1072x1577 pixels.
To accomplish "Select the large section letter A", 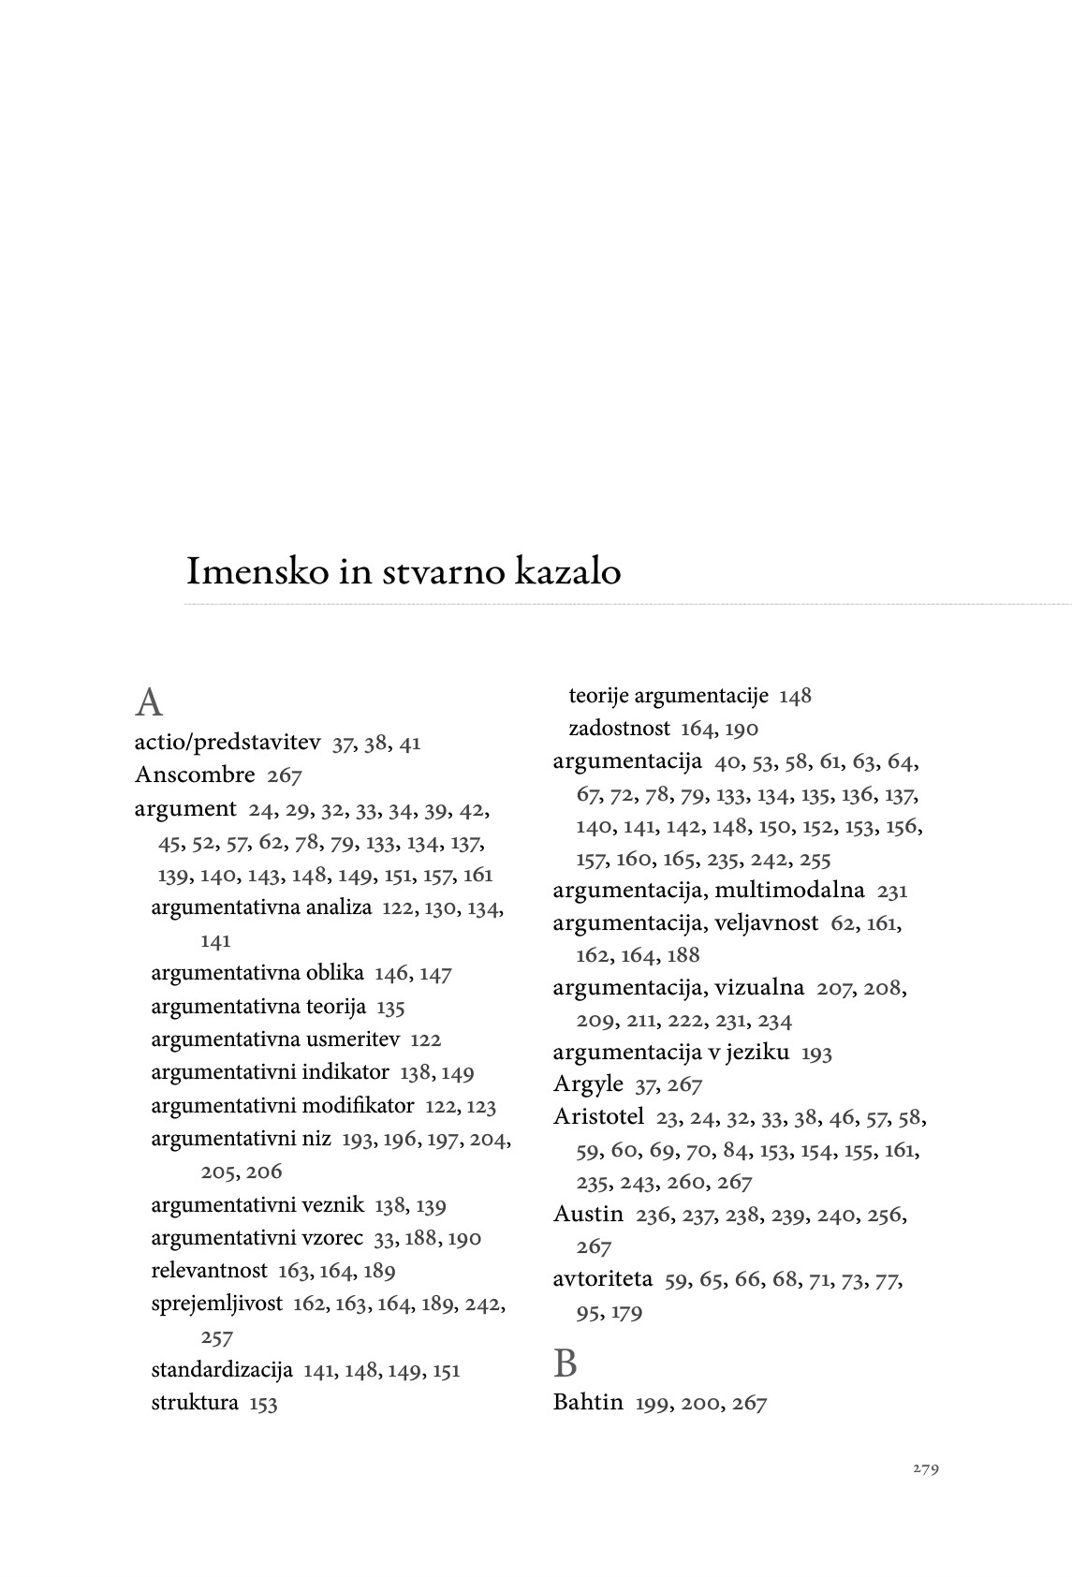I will click(148, 702).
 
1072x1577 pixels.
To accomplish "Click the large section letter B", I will click(565, 1364).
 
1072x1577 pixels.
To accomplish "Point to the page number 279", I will click(925, 1468).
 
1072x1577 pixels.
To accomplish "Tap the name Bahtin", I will click(588, 1403).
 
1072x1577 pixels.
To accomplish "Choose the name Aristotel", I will click(598, 1117).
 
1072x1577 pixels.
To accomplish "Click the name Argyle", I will click(588, 1084).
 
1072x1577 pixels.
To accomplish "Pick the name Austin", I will click(588, 1215).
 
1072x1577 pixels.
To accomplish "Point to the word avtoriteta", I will click(603, 1279).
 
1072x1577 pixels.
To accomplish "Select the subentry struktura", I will click(195, 1403).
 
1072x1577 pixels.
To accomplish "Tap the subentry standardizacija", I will click(222, 1370).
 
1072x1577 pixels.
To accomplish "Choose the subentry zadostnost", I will click(619, 729).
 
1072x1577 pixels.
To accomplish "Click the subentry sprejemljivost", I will click(216, 1304).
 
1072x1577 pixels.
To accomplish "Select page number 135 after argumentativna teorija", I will click(390, 1008).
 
